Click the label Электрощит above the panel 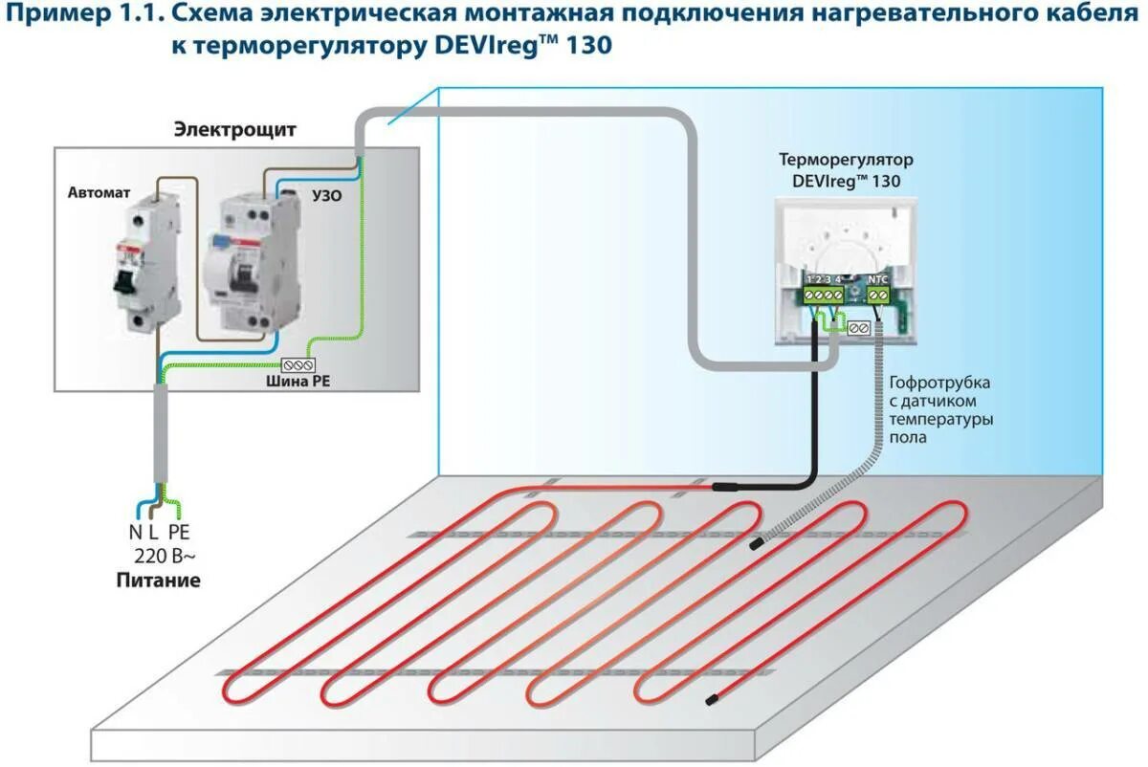tap(234, 129)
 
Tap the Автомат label tap(99, 192)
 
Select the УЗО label tap(326, 194)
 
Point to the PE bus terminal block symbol tap(298, 364)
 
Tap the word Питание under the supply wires tap(158, 581)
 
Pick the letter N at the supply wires tap(136, 533)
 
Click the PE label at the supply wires tap(180, 533)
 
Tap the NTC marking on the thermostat tap(878, 279)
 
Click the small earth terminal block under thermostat tap(859, 328)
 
